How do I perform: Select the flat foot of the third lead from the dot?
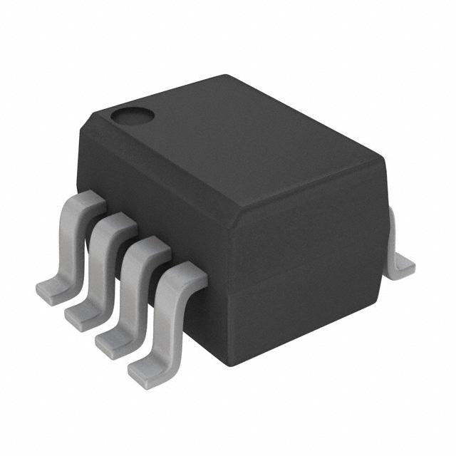tap(112, 339)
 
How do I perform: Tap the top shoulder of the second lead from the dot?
tap(118, 222)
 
